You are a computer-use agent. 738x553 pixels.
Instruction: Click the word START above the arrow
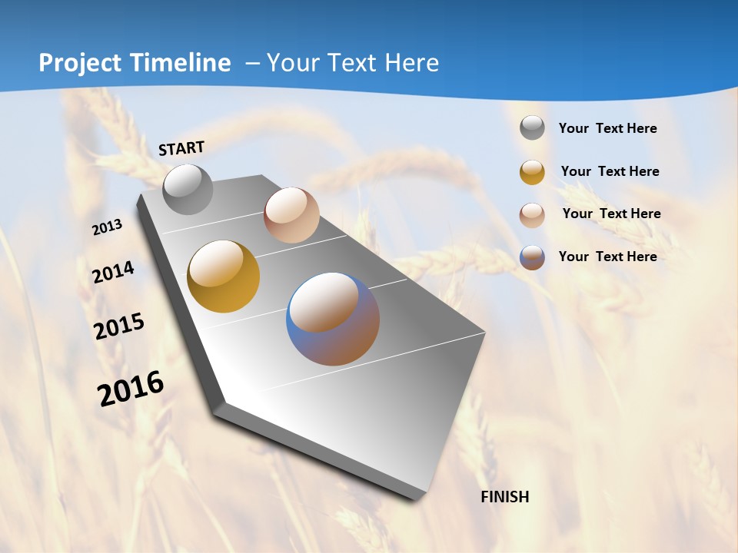tap(181, 148)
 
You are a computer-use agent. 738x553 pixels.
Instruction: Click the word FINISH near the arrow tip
tap(505, 497)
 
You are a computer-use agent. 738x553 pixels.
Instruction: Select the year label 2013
tap(108, 227)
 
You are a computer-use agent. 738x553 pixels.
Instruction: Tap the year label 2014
tap(113, 272)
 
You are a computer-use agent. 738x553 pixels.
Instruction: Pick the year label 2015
tap(119, 326)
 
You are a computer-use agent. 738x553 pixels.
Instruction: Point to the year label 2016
tap(131, 388)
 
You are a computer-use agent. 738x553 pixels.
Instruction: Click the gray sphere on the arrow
tap(188, 189)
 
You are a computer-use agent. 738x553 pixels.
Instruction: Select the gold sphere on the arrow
tap(223, 276)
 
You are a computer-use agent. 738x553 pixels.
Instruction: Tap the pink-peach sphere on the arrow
tap(291, 215)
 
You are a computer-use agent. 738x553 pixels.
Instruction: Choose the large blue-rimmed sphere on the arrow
tap(333, 319)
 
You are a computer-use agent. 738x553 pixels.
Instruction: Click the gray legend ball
tap(532, 128)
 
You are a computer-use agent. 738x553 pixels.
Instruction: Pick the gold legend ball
tap(532, 172)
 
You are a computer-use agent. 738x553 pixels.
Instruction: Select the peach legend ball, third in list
tap(532, 215)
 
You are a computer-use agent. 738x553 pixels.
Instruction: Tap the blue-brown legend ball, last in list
tap(532, 257)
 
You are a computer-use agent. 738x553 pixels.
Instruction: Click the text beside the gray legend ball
tap(607, 128)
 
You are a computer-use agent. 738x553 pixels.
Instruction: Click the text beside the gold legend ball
tap(610, 171)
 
